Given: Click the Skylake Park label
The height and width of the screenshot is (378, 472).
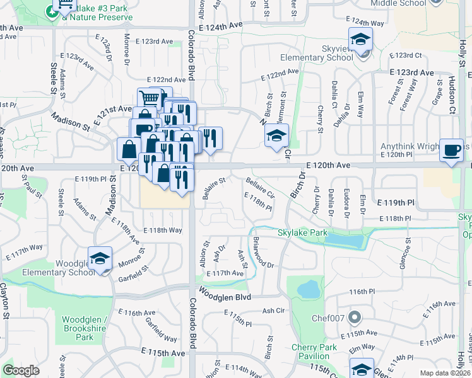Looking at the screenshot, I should (303, 232).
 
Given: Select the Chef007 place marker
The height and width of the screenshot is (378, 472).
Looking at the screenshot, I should (356, 317).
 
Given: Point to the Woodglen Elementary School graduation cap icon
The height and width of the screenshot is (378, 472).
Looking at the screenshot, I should (100, 260).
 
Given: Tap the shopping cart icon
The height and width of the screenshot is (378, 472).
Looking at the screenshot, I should (150, 98).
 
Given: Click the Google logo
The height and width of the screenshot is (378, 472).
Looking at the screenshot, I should (21, 370).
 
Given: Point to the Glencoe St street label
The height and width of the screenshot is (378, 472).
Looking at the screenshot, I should (404, 254).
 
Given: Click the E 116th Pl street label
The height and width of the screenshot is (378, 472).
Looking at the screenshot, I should (362, 292).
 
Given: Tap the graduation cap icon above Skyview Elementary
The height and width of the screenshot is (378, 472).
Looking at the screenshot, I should (361, 40).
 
